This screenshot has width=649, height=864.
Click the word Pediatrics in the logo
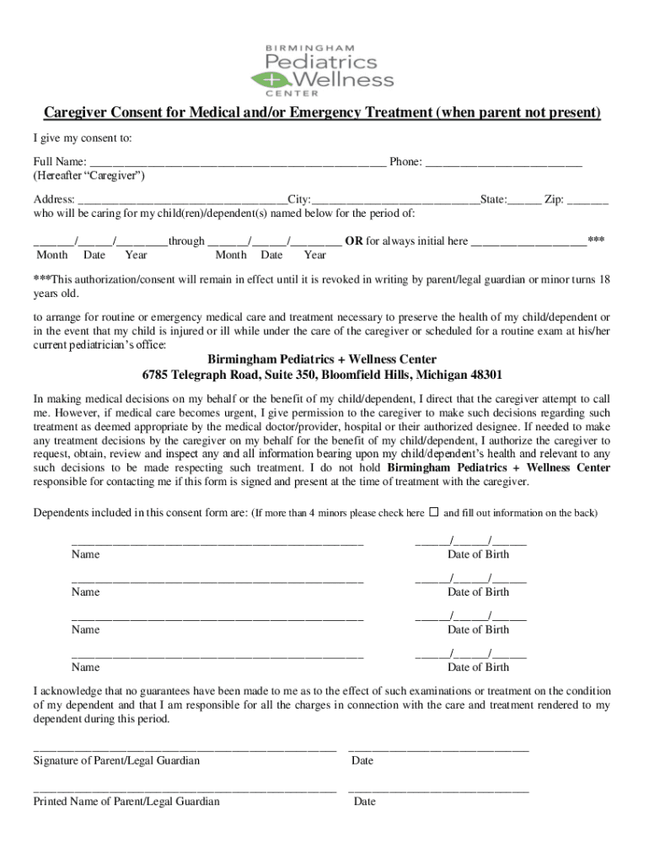[321, 62]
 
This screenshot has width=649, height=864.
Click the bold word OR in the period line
[354, 240]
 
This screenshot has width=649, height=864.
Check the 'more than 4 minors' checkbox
[434, 511]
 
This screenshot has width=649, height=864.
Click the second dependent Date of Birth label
[478, 592]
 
